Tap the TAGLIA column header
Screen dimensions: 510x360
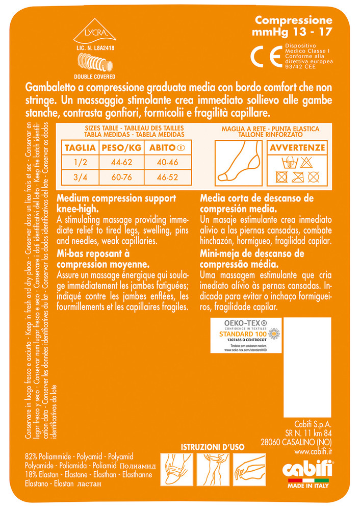point(80,148)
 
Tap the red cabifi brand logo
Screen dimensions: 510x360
point(307,467)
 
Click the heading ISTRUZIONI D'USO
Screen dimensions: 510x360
point(213,447)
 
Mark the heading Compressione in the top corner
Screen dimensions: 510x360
point(294,20)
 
